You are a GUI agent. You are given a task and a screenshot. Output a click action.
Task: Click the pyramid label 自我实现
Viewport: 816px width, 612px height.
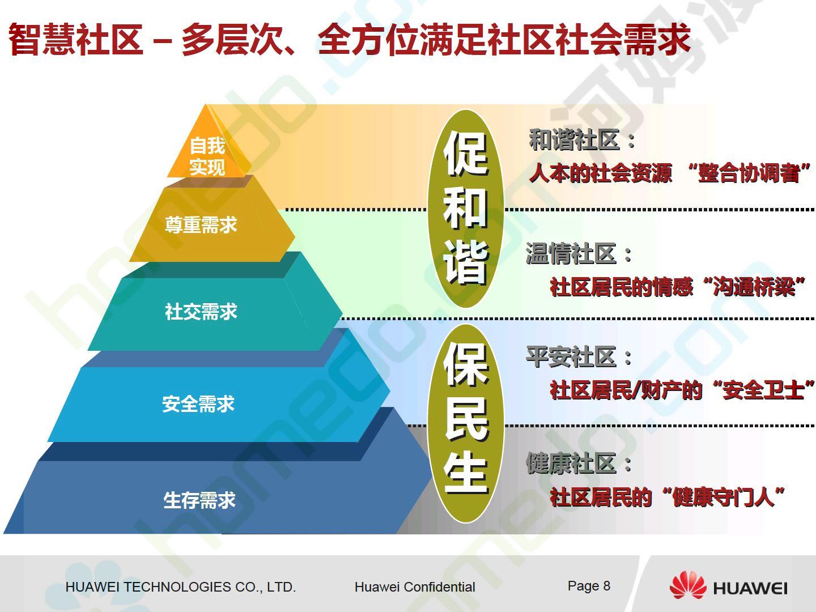click(207, 156)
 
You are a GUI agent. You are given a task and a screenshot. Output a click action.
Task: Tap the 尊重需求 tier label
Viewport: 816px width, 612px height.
click(201, 225)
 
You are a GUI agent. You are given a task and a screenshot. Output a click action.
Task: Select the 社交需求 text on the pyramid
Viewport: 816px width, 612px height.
click(201, 312)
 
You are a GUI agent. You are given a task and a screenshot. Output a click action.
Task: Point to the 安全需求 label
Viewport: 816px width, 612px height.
click(198, 403)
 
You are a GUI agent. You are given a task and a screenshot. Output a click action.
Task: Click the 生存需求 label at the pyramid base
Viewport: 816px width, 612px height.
click(199, 500)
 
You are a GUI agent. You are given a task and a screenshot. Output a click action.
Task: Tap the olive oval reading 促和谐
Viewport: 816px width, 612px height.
click(466, 209)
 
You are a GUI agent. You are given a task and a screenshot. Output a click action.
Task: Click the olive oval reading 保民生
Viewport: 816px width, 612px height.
click(466, 423)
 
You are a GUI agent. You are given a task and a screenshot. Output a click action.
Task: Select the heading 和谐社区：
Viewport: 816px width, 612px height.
click(582, 140)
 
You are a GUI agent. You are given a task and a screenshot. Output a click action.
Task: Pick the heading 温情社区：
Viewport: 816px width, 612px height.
click(579, 254)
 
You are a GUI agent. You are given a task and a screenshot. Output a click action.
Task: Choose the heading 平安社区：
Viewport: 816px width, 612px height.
click(579, 357)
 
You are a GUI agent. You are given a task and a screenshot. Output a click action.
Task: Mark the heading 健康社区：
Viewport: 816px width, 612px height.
click(579, 463)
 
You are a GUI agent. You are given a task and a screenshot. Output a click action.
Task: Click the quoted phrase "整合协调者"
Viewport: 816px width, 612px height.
click(749, 173)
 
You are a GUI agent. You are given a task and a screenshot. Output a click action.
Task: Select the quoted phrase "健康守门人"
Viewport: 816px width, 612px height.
click(724, 497)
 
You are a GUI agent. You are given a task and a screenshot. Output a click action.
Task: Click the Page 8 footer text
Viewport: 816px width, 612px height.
click(589, 586)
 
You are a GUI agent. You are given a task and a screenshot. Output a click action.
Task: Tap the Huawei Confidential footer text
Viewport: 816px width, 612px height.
click(415, 586)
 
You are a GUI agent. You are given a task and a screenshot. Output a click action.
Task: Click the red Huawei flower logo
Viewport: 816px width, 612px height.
click(688, 585)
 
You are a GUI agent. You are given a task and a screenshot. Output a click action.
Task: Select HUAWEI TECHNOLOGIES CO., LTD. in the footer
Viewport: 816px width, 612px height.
click(181, 586)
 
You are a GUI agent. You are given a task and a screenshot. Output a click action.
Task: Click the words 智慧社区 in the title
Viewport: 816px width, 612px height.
click(76, 40)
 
